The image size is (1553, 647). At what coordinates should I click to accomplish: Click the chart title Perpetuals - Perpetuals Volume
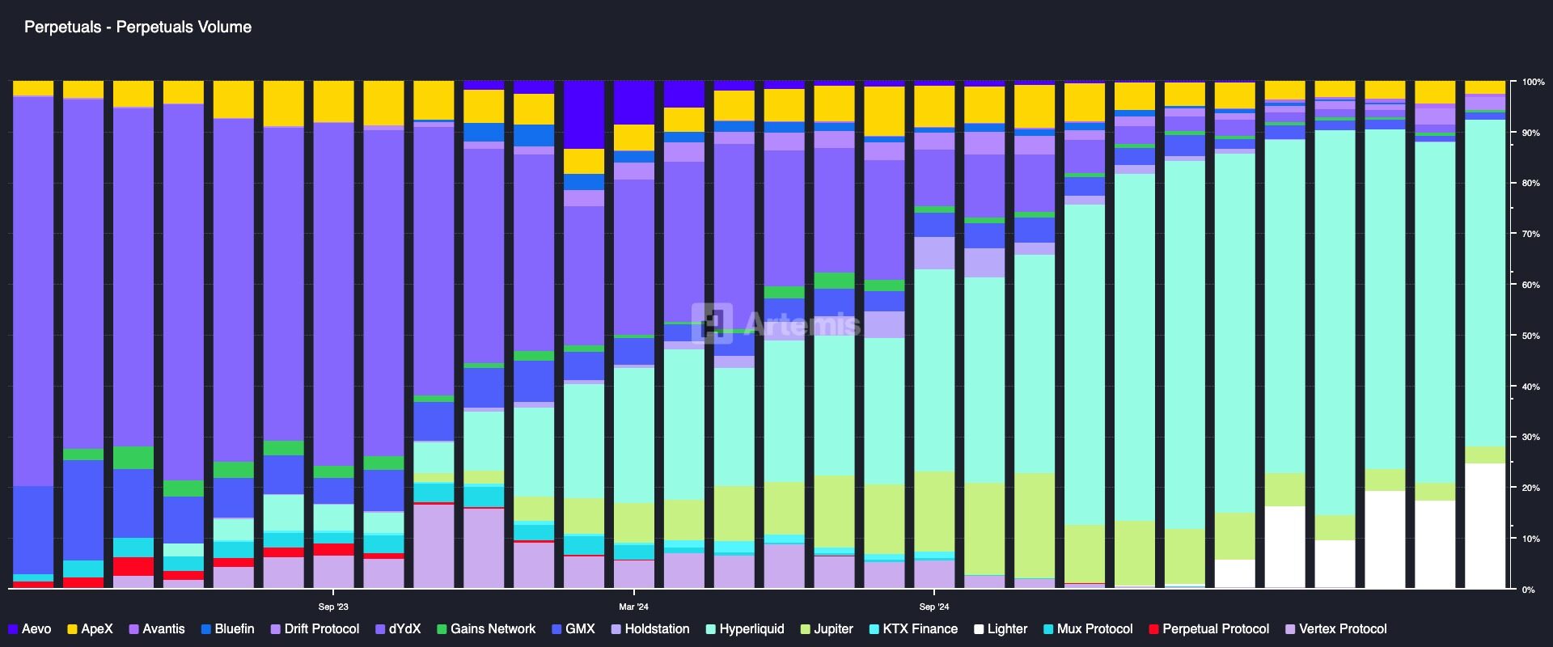138,27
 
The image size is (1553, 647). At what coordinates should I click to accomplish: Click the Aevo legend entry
30,629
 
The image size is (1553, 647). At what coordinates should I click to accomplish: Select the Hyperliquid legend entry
745,629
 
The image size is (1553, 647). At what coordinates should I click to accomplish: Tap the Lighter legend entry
1001,629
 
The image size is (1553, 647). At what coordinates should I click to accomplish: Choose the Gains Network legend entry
486,629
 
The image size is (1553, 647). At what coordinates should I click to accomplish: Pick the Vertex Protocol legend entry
1335,629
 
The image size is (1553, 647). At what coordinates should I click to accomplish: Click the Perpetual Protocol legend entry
1208,629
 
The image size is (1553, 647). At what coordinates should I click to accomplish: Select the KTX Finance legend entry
913,629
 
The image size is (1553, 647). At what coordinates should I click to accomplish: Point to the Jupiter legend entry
826,629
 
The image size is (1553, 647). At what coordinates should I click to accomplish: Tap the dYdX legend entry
398,629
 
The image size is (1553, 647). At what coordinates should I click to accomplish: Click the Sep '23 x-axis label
333,607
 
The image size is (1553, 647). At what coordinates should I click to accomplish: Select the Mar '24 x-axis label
633,607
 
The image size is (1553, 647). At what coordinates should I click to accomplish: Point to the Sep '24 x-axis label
933,607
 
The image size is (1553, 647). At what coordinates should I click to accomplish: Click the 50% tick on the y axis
1530,336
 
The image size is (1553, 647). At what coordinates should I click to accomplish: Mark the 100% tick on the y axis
1532,82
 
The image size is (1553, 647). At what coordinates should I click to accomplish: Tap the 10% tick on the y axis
1530,539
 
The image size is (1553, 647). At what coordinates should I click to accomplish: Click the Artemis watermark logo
776,324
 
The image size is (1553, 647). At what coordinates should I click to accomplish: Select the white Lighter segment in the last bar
1485,526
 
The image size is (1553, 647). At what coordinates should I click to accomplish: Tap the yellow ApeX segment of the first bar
33,87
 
